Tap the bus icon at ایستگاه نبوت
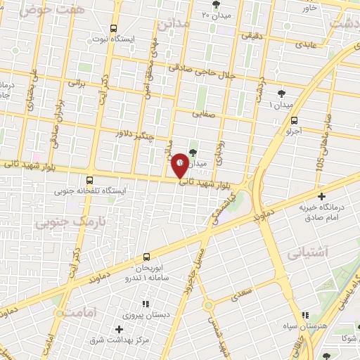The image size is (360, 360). click(113, 29)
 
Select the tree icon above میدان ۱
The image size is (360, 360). click(282, 93)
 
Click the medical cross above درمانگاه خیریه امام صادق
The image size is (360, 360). click(322, 196)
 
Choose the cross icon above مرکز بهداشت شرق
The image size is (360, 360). click(118, 329)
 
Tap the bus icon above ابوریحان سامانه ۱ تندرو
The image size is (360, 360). click(146, 257)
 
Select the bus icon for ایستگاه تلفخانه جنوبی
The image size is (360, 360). click(89, 179)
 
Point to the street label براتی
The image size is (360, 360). click(75, 82)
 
